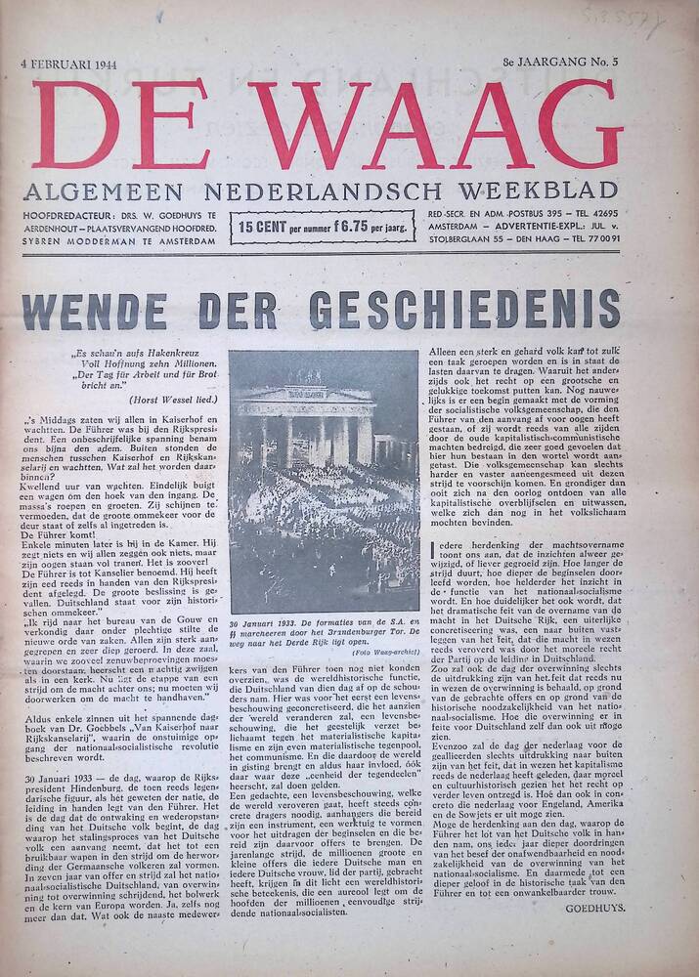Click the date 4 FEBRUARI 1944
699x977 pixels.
click(75, 64)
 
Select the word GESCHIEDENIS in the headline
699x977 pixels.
click(464, 310)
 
